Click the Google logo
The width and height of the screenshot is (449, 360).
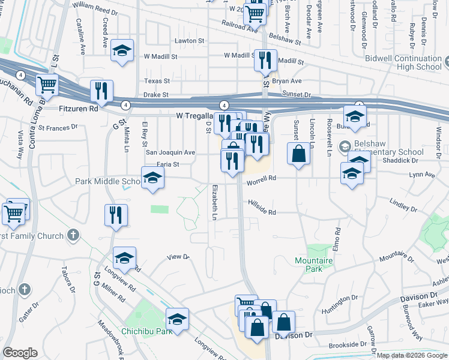coord(20,353)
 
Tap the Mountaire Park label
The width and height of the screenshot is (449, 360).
coord(309,264)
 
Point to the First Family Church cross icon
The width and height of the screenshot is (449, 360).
coord(73,235)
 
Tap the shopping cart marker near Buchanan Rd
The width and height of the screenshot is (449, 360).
coord(47,85)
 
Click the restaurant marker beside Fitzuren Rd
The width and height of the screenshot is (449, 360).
coord(101,91)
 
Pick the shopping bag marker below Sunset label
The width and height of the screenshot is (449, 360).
coord(298,153)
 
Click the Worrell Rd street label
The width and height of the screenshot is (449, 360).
coord(261,178)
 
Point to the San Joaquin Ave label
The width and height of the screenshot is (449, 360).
coord(171,152)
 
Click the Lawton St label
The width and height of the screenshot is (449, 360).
coord(190,41)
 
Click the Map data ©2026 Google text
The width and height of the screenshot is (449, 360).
coord(412,355)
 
